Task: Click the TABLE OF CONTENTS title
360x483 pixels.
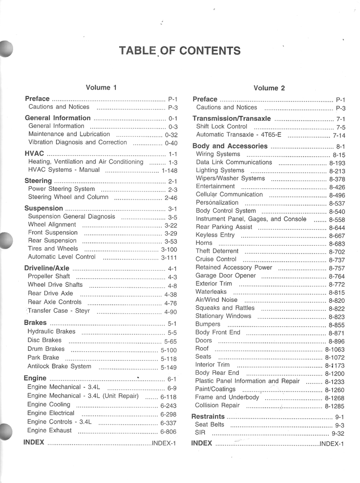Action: (x=180, y=51)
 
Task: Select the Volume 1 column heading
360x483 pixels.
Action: (x=101, y=87)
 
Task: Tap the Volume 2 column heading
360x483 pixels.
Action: (x=269, y=88)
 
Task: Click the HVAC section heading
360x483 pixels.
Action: (x=34, y=153)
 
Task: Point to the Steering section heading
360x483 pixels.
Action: (x=38, y=181)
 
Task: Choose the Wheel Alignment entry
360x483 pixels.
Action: (x=52, y=225)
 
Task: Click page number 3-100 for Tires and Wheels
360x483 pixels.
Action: (x=169, y=250)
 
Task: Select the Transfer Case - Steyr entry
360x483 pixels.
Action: (x=58, y=311)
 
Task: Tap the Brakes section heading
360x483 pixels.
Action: (x=35, y=323)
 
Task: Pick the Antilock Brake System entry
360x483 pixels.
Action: (x=59, y=366)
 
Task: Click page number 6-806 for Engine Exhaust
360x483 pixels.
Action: (x=168, y=431)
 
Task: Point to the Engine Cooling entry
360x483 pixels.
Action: (x=49, y=404)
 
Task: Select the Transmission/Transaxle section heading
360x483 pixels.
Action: (x=232, y=118)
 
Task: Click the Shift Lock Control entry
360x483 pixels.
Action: (x=221, y=126)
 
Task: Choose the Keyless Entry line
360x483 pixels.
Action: (x=215, y=235)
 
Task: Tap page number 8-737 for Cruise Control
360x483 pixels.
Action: (x=337, y=260)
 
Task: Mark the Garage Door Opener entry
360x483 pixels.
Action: (x=226, y=275)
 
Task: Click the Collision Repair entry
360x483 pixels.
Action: (x=217, y=405)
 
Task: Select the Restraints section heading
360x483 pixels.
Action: (x=208, y=416)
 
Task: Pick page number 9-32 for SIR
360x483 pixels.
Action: (x=338, y=433)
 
